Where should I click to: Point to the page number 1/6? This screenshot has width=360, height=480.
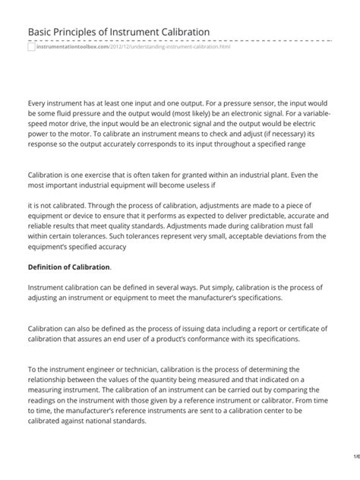pyautogui.click(x=355, y=456)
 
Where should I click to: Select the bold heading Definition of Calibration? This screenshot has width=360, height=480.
pyautogui.click(x=69, y=267)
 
